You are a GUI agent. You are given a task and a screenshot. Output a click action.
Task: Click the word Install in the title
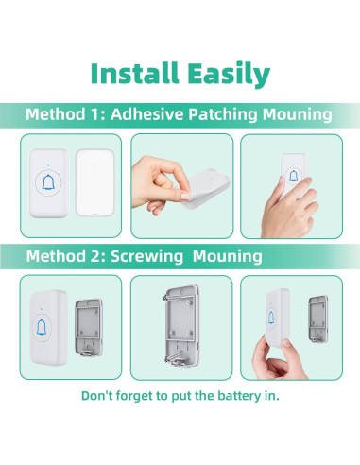[134, 73]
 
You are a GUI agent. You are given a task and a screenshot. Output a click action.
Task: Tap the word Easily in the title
[229, 75]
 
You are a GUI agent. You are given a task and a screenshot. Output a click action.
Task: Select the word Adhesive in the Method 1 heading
[147, 113]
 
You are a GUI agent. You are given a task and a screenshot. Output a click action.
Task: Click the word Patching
[223, 114]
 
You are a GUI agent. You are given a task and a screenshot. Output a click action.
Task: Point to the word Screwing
[146, 256]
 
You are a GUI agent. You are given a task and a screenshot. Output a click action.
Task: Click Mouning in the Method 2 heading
[227, 256]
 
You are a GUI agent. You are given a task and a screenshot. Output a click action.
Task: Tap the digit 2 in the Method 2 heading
[94, 256]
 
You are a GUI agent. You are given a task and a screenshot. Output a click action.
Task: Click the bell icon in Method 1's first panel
[48, 182]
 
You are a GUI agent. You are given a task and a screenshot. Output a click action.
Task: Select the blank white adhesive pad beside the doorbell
[94, 183]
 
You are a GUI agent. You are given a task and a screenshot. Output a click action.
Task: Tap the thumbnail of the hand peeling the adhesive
[182, 186]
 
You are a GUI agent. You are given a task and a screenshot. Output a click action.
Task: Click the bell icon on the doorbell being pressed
[293, 176]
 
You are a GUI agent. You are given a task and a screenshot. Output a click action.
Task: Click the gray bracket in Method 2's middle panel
[181, 326]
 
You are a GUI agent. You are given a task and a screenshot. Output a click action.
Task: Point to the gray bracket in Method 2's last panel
[318, 319]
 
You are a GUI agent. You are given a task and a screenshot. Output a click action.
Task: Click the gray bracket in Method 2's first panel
[89, 328]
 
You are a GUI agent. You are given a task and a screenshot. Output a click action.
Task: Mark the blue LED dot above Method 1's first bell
[48, 164]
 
